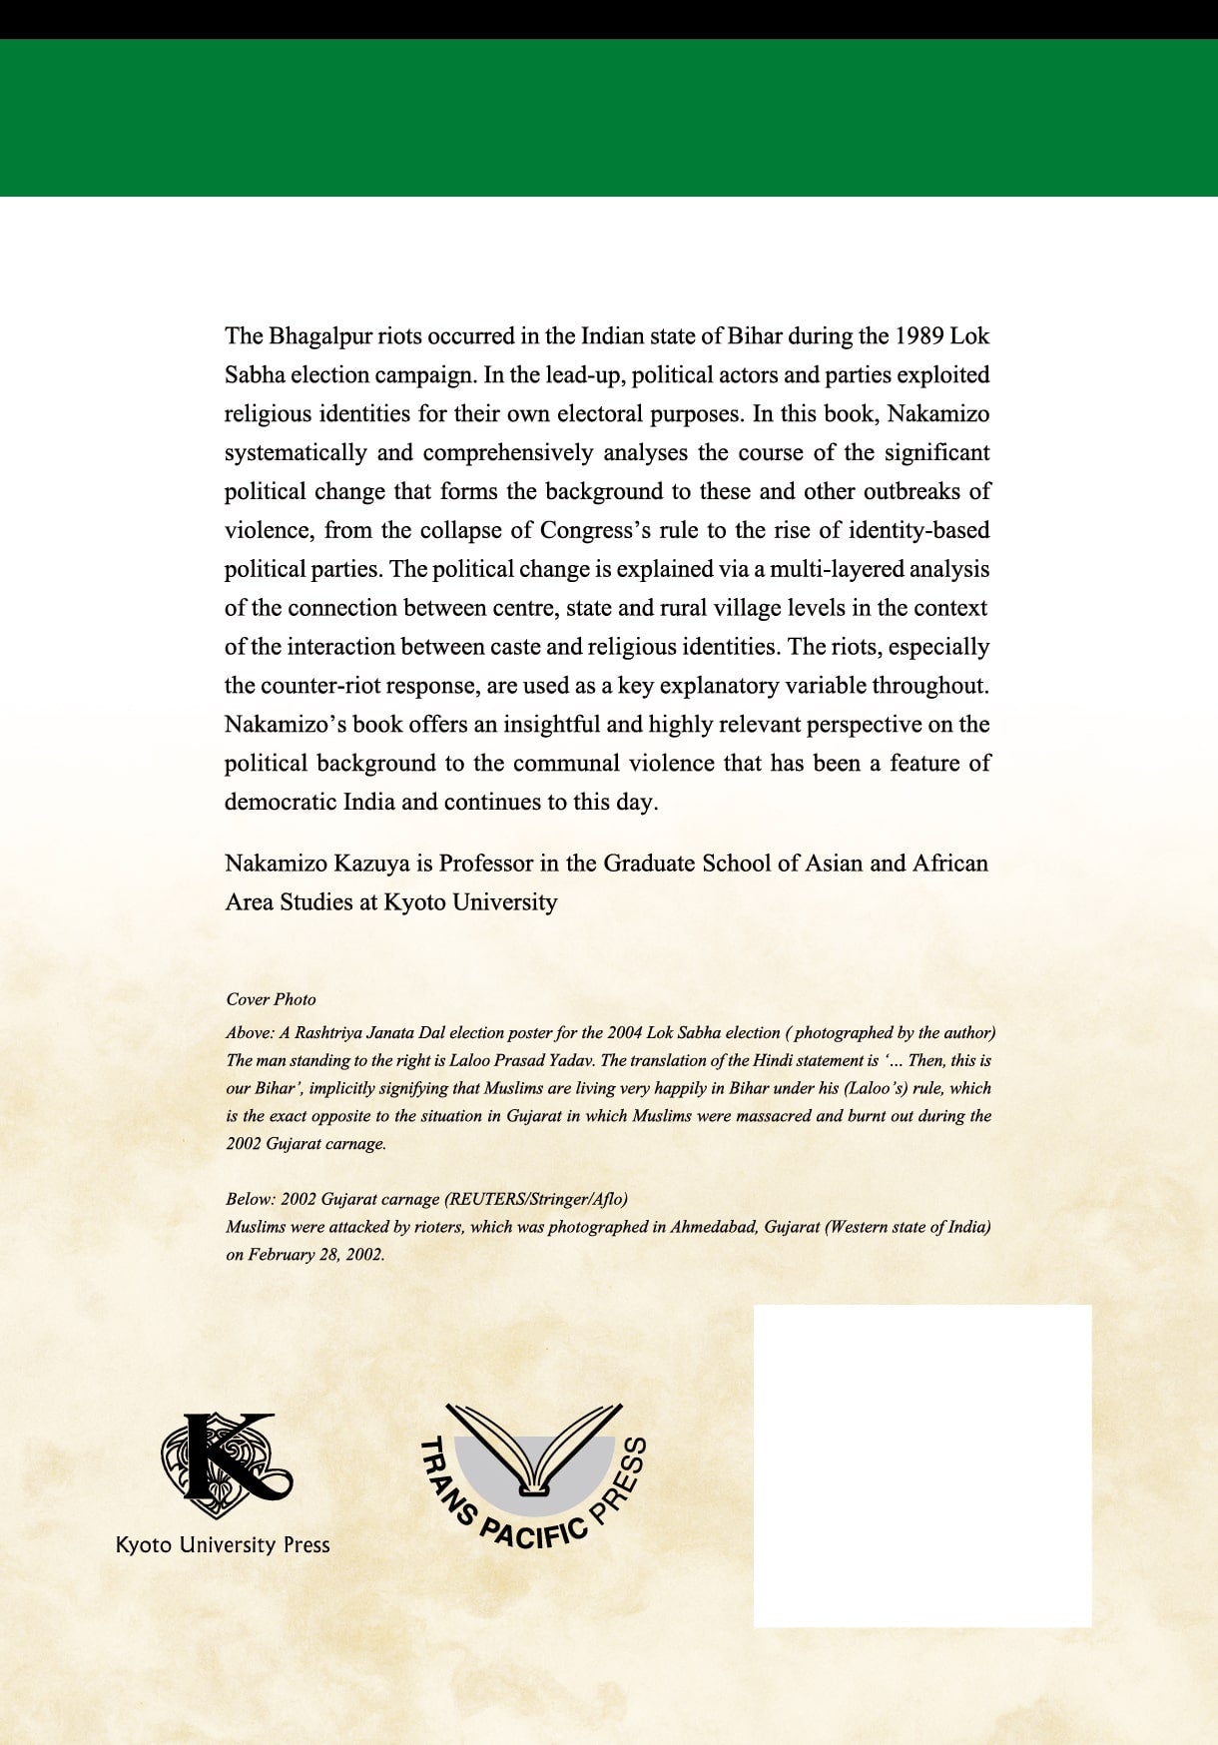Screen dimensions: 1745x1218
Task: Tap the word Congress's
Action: [595, 531]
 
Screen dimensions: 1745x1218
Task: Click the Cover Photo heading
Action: [271, 999]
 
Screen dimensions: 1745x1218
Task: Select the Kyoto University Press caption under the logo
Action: [223, 1545]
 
